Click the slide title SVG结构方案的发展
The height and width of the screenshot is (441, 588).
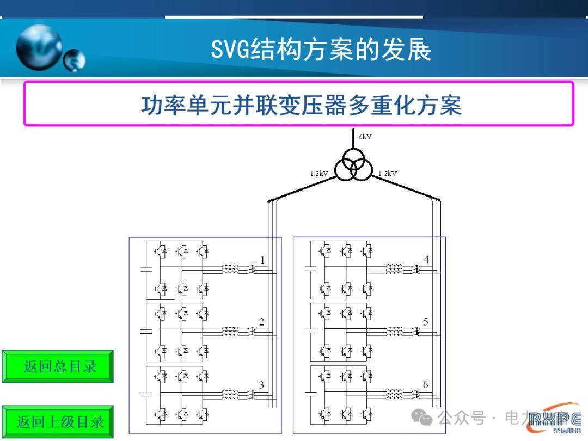pos(321,50)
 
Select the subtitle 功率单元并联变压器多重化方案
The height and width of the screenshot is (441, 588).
pos(301,105)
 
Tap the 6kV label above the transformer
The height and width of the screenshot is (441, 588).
pos(365,137)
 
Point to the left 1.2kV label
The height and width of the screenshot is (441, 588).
pos(319,174)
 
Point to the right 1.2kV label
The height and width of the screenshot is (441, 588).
pos(388,174)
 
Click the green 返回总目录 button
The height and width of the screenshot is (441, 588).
pos(58,366)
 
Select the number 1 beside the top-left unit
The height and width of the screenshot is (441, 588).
pos(262,260)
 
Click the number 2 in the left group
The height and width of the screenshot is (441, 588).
pos(262,322)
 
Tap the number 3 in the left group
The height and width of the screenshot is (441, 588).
pos(262,385)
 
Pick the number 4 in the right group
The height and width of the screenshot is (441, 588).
pos(426,260)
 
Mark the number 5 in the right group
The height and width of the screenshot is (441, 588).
pos(426,322)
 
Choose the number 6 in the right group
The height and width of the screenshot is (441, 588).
pos(426,385)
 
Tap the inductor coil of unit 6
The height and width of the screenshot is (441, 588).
pos(394,393)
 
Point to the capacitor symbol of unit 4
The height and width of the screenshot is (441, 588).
pos(310,268)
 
